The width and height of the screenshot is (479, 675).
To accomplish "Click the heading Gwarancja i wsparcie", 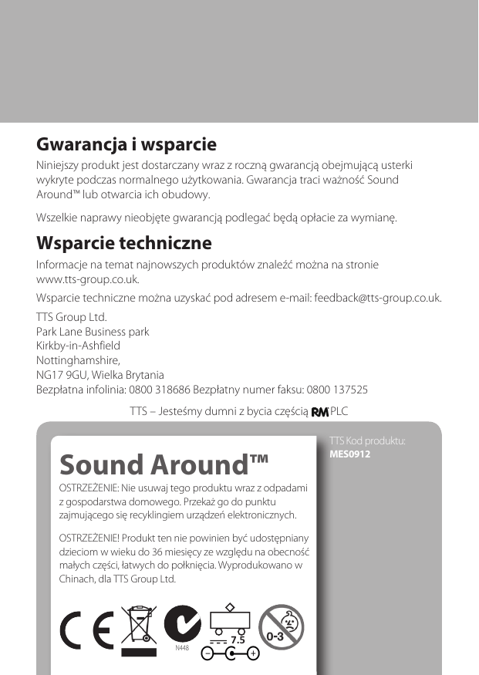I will point(126,145).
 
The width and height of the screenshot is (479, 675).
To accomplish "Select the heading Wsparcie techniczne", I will point(124,244).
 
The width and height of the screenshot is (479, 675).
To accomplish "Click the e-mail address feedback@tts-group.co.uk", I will point(377,298).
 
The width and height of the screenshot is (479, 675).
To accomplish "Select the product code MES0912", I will point(350,454).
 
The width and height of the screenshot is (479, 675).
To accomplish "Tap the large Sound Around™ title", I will point(164,465).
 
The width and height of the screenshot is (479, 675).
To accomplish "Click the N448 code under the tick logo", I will point(182,648).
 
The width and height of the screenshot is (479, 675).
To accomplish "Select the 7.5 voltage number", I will point(238,640).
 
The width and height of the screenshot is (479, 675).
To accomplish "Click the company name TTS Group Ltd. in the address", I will point(72,317).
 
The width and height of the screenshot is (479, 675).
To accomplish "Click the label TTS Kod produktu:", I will point(367,441).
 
